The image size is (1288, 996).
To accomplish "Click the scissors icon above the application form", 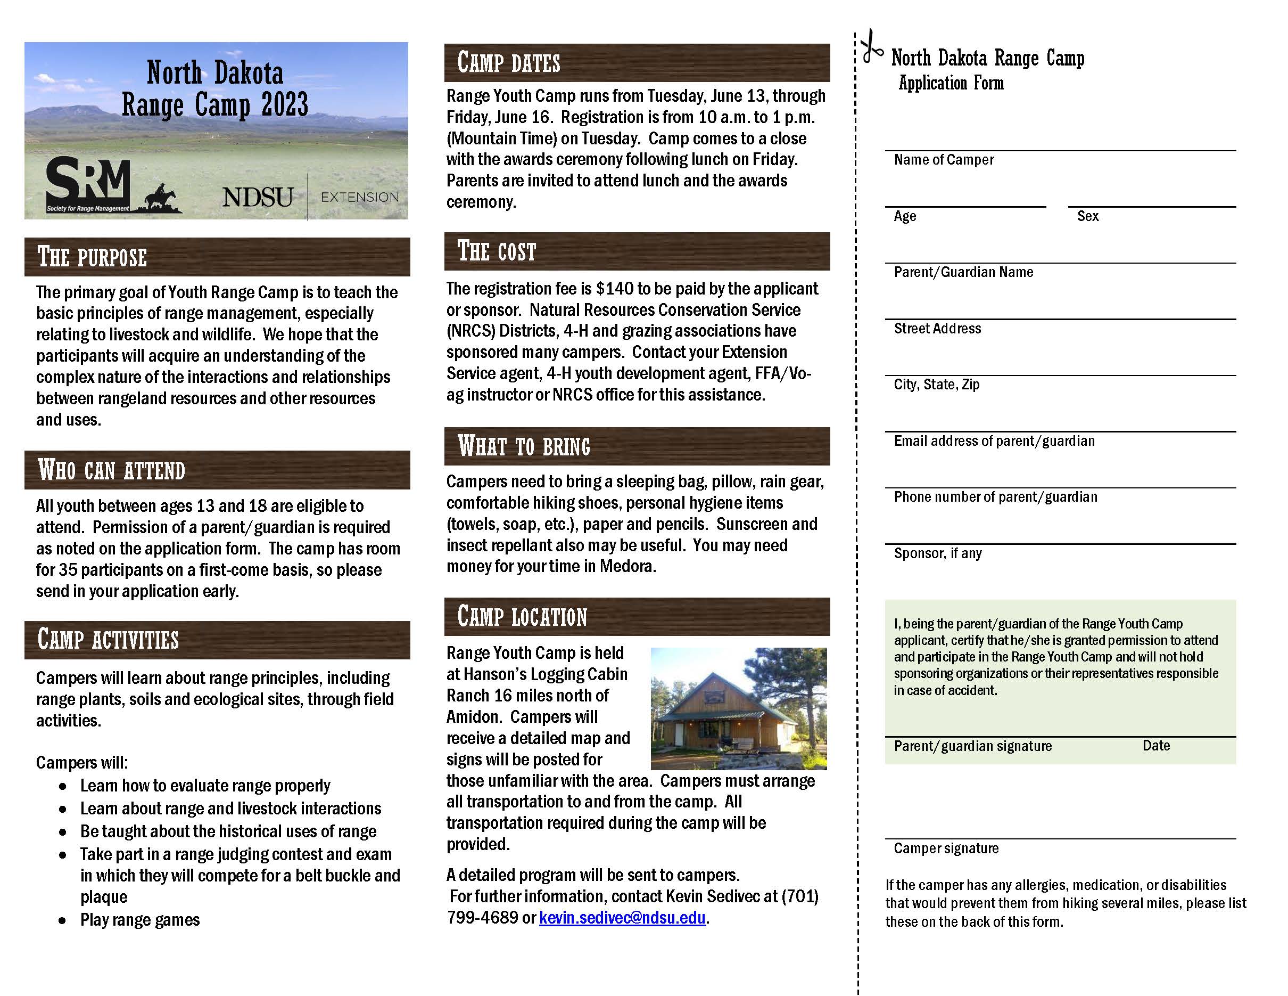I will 871,46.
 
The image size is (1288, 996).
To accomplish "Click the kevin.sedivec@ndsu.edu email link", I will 622,918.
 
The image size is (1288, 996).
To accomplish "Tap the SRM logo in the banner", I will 88,182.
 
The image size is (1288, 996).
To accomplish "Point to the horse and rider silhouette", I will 160,198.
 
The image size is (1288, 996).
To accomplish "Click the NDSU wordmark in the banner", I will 258,197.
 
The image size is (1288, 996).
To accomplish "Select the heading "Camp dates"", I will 508,62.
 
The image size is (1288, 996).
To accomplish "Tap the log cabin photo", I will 738,708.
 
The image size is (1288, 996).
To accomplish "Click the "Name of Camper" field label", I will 944,160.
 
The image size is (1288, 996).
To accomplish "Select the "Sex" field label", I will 1087,216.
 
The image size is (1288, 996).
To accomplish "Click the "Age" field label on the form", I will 905,216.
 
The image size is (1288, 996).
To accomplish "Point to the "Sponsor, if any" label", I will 938,553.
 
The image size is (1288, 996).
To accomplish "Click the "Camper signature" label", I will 946,848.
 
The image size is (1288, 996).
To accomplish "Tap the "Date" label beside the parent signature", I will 1156,746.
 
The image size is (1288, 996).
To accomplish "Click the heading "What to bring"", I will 524,446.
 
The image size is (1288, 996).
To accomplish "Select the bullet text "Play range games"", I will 140,920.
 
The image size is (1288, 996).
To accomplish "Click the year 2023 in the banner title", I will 284,105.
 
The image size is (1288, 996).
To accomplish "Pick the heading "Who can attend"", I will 111,470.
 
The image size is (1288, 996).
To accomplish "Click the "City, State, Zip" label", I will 937,385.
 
